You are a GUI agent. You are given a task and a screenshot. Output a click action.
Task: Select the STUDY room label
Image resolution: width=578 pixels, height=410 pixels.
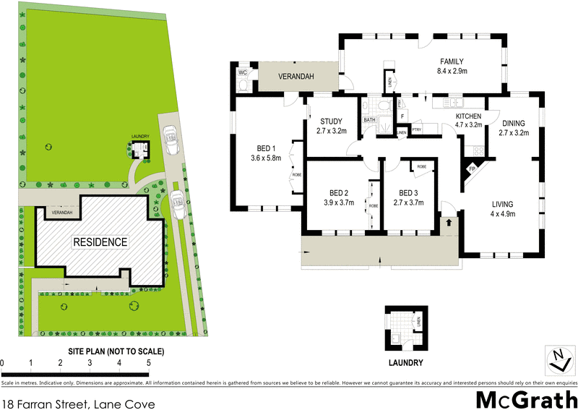[x=332, y=121]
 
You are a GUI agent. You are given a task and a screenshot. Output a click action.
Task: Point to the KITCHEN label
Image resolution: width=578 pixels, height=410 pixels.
[x=469, y=116]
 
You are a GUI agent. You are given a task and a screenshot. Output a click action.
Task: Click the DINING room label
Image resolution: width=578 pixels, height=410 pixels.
[x=514, y=123]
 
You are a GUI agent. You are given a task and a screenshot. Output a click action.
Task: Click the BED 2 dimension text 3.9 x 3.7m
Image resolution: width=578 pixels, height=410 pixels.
[x=340, y=203]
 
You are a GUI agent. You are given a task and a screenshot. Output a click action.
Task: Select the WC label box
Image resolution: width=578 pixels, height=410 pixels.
[x=243, y=72]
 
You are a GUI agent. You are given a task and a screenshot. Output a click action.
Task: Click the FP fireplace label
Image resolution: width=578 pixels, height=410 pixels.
[x=473, y=169]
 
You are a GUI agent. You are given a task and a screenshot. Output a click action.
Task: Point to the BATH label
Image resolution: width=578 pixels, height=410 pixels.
[x=370, y=120]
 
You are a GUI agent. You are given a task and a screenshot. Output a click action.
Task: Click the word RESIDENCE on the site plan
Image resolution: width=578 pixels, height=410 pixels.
[x=100, y=242]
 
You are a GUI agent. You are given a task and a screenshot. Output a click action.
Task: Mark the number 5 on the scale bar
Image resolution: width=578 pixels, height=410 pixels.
[x=148, y=362]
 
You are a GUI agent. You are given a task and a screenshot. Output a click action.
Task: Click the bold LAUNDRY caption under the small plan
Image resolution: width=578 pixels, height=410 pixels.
[x=404, y=363]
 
